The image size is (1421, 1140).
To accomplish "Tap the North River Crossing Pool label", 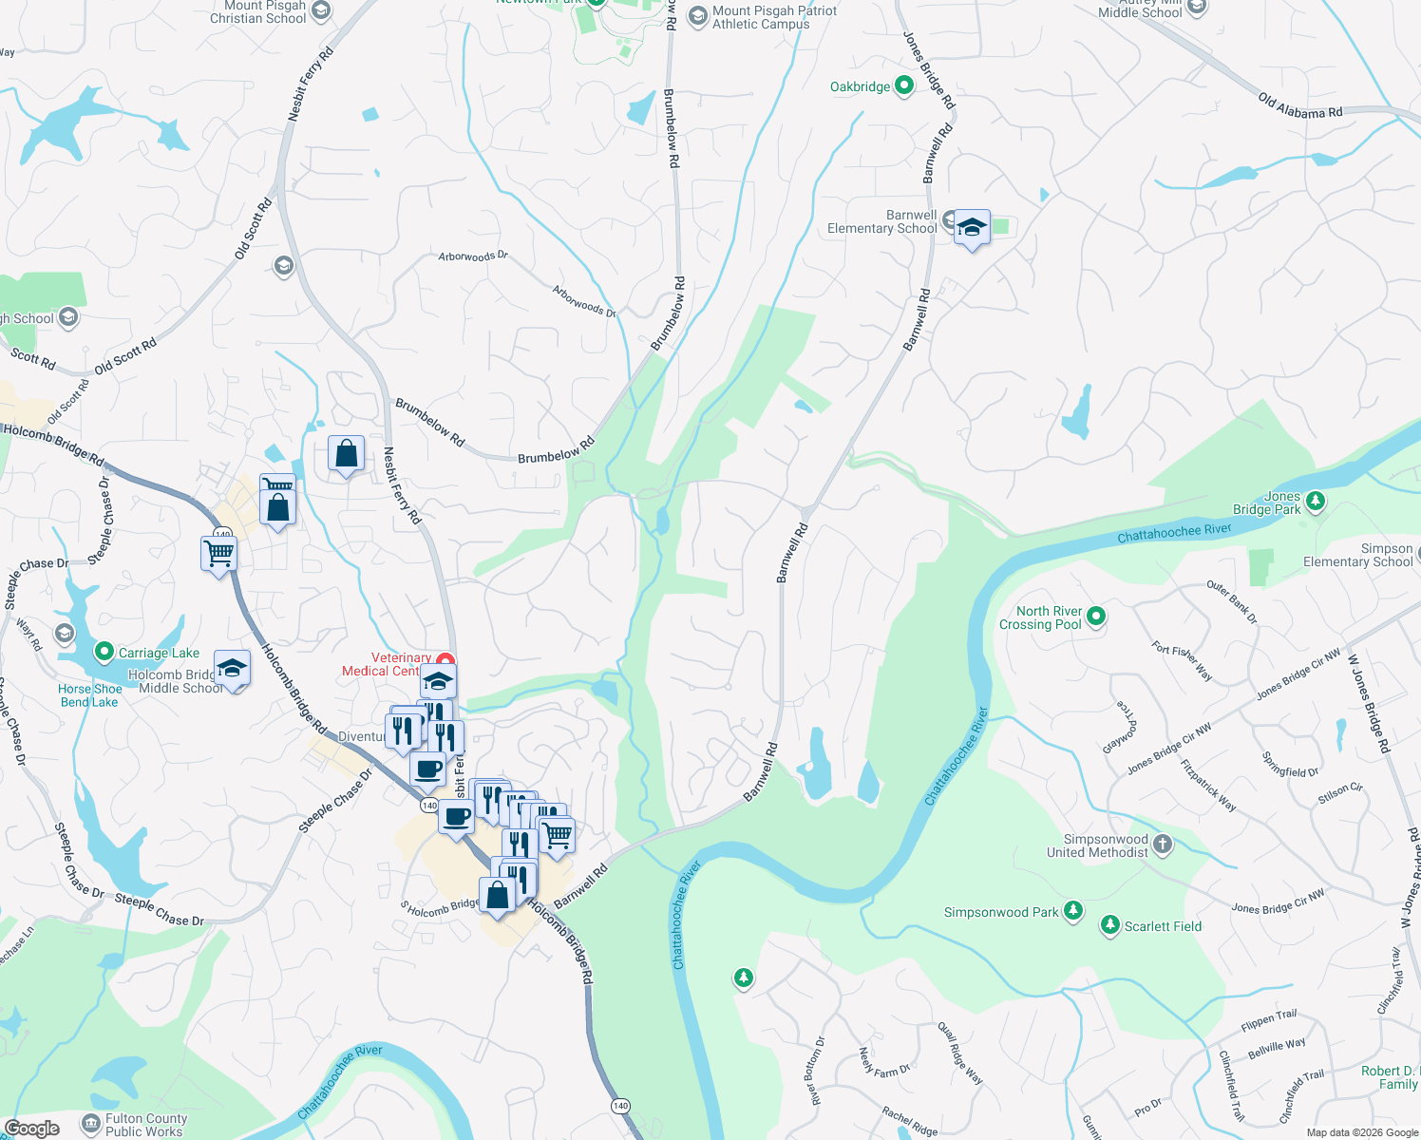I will [x=1040, y=617].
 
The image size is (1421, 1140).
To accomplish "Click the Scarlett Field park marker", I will [x=1109, y=925].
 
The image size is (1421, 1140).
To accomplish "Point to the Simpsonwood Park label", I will [x=1000, y=913].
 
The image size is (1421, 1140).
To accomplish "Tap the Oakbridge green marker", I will [x=903, y=85].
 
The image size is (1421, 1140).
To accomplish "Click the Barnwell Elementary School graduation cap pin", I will [x=972, y=229].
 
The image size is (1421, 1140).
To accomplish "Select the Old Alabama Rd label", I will [x=1300, y=106].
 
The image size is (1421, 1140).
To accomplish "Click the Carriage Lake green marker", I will [x=104, y=652].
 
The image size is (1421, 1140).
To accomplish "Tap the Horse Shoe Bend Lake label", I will [x=89, y=695].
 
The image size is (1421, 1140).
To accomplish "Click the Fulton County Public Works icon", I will [x=91, y=1124].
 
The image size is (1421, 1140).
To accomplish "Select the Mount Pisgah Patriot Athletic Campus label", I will [x=774, y=17].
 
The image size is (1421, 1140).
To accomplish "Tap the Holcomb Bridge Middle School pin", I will [x=232, y=669].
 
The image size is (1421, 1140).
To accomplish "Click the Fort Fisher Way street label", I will [x=1182, y=661].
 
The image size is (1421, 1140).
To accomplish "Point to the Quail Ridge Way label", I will [x=959, y=1054].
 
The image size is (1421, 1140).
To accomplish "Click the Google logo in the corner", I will [x=31, y=1129].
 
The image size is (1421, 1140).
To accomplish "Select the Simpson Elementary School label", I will [x=1358, y=556].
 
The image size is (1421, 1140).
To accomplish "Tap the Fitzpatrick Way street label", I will [x=1207, y=785].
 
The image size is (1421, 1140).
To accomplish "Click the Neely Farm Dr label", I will [x=883, y=1062].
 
